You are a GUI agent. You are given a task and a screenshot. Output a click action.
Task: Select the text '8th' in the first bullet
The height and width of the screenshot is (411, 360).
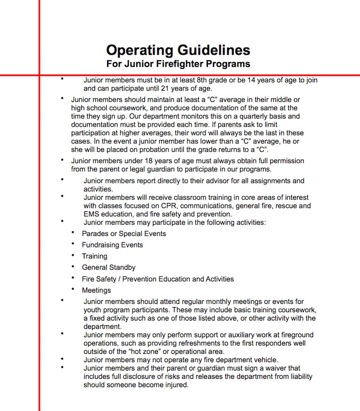pyautogui.click(x=203, y=80)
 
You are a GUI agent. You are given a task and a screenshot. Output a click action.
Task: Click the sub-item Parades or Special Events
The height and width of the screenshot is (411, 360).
pyautogui.click(x=124, y=234)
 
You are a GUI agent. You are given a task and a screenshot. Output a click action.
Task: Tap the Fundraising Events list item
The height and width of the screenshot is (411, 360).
pyautogui.click(x=112, y=245)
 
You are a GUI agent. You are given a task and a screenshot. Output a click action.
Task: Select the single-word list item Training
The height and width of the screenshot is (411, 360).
pyautogui.click(x=95, y=256)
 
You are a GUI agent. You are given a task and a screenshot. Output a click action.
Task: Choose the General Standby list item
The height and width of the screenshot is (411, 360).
pyautogui.click(x=108, y=268)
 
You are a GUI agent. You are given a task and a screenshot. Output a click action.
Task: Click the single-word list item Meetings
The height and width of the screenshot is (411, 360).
pyautogui.click(x=96, y=291)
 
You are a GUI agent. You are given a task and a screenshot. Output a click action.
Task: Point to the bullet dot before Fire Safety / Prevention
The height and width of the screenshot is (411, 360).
pyautogui.click(x=73, y=278)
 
